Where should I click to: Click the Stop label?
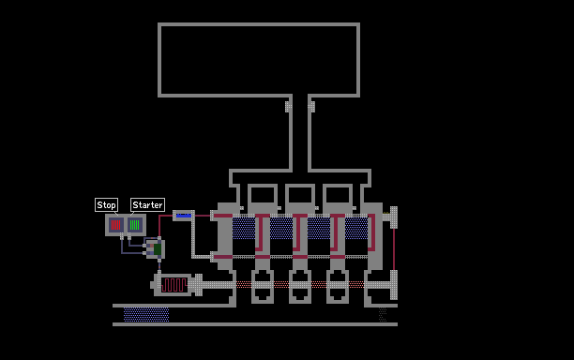(x=106, y=205)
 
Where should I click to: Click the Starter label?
(x=147, y=205)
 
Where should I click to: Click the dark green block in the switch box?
(x=158, y=249)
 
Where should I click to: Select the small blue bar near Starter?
(x=184, y=216)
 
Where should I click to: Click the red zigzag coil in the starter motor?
(x=174, y=285)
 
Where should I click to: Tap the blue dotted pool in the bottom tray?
(x=146, y=315)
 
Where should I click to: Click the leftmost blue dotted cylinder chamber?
(x=244, y=229)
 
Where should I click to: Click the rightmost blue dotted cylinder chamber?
(x=356, y=229)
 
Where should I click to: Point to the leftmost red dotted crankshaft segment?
(x=244, y=285)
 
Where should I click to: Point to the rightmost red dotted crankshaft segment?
(x=356, y=285)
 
